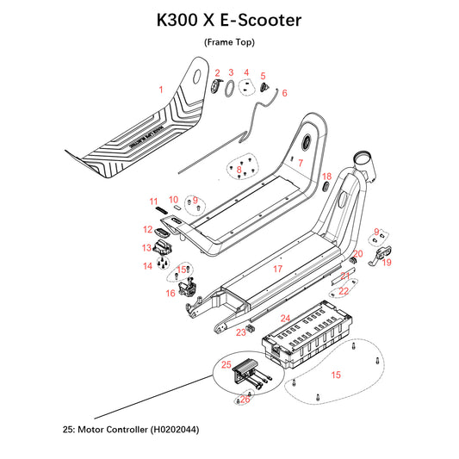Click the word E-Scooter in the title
click(x=257, y=20)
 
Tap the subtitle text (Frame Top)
click(x=229, y=42)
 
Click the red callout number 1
click(x=160, y=89)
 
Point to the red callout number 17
click(x=277, y=269)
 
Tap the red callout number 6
click(x=285, y=93)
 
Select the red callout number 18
click(x=326, y=176)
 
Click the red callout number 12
click(x=148, y=230)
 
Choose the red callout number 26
click(x=245, y=398)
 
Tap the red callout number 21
click(x=344, y=276)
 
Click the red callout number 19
click(x=387, y=262)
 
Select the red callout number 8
click(x=239, y=171)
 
